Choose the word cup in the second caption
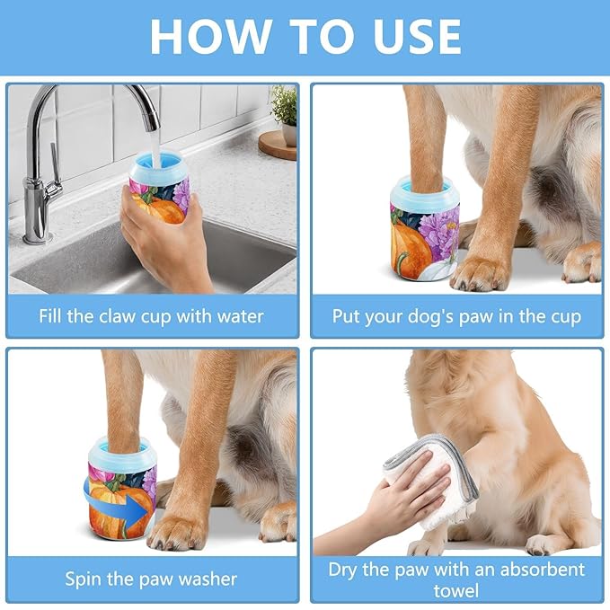(x=562, y=316)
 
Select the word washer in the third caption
(x=205, y=578)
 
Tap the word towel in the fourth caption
(x=456, y=590)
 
